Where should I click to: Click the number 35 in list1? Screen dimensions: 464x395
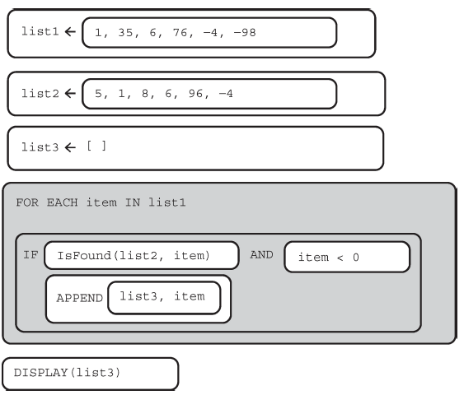pyautogui.click(x=125, y=32)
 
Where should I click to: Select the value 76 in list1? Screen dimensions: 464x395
pyautogui.click(x=180, y=32)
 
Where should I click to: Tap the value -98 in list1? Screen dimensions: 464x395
pyautogui.click(x=245, y=32)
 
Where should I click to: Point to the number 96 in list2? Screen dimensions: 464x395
pyautogui.click(x=195, y=94)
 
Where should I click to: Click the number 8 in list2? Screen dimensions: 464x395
pyautogui.click(x=145, y=94)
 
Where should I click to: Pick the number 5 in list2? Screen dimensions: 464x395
pyautogui.click(x=98, y=94)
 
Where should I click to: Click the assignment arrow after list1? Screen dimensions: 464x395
pyautogui.click(x=70, y=31)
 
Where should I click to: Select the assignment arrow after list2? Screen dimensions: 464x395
pyautogui.click(x=70, y=94)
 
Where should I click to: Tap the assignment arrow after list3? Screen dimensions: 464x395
pyautogui.click(x=70, y=147)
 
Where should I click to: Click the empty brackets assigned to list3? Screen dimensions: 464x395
pyautogui.click(x=96, y=146)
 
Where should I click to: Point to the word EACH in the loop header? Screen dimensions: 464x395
pyautogui.click(x=63, y=202)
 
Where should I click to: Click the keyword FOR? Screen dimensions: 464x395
pyautogui.click(x=27, y=202)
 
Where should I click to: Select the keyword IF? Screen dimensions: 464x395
pyautogui.click(x=30, y=254)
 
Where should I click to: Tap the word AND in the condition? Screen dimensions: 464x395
pyautogui.click(x=261, y=254)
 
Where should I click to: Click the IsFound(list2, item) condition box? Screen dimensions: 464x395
pyautogui.click(x=142, y=255)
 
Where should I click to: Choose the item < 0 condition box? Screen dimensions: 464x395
pyautogui.click(x=347, y=257)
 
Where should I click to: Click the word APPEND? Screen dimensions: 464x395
pyautogui.click(x=80, y=298)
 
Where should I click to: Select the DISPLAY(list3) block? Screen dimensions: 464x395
pyautogui.click(x=91, y=374)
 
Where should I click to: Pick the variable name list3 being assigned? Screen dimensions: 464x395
pyautogui.click(x=40, y=147)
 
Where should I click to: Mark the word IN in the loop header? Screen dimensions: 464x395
pyautogui.click(x=133, y=202)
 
